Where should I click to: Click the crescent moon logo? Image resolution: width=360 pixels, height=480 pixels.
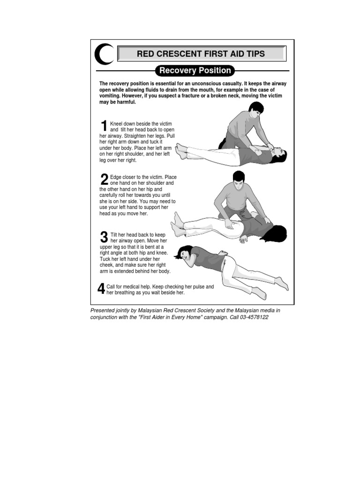click(x=103, y=54)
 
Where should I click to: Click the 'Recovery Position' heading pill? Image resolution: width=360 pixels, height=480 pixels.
click(x=195, y=71)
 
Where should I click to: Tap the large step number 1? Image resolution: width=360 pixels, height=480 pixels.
click(x=104, y=126)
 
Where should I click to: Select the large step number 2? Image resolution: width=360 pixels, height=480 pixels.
click(x=104, y=180)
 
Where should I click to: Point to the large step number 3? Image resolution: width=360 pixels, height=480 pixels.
click(x=104, y=237)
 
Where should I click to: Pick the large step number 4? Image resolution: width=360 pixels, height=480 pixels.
click(x=101, y=289)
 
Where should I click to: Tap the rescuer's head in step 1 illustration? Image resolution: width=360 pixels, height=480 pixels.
click(x=255, y=110)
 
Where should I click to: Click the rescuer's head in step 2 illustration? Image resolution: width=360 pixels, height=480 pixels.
click(x=239, y=179)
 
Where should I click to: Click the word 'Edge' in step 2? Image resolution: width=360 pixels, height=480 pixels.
click(x=116, y=177)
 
